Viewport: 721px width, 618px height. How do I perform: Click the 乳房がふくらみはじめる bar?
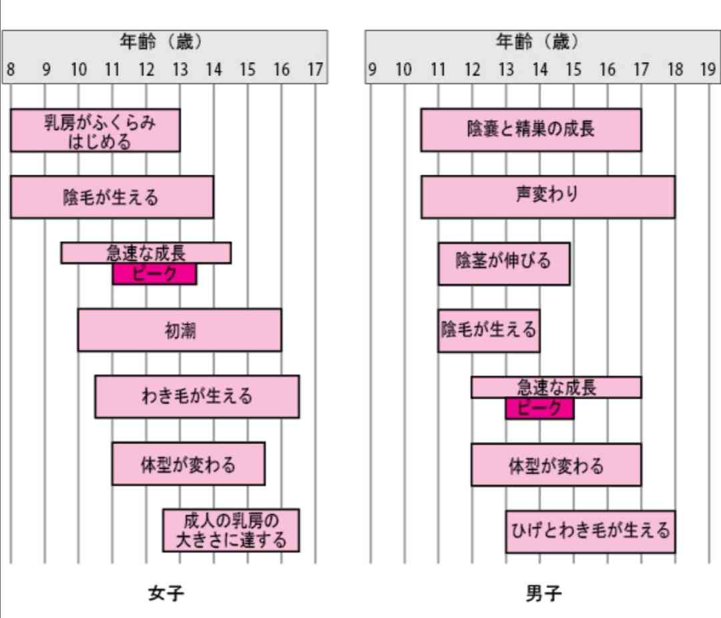95,131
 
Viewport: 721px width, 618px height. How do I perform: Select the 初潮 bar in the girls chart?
180,330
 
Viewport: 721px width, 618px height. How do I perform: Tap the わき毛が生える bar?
197,397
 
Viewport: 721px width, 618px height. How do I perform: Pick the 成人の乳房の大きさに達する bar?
231,530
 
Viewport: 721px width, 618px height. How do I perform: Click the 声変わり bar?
548,197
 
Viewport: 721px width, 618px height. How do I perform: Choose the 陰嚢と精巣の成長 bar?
531,130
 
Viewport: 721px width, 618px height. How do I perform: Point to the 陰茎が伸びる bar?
504,264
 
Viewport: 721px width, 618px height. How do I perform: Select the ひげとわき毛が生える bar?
590,532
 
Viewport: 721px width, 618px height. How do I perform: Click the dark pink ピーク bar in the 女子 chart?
154,274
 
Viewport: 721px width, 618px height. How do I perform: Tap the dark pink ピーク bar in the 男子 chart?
540,409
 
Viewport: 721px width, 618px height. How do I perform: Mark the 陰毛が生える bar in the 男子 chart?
489,331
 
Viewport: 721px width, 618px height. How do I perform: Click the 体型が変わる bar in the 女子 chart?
188,464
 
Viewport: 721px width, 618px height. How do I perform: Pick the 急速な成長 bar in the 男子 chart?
556,387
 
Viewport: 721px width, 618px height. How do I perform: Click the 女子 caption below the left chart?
166,593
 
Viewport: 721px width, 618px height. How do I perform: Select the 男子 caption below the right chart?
543,593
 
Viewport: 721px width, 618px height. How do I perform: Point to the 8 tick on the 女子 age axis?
11,69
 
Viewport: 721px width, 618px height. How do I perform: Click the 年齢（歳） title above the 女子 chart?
161,42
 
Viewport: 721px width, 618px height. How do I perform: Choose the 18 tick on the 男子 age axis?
675,69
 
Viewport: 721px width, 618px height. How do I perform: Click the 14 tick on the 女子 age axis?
214,69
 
